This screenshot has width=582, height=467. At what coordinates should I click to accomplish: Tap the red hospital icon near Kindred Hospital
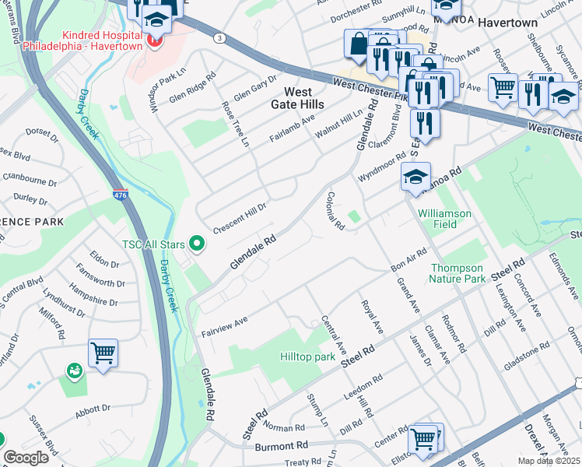point(153,40)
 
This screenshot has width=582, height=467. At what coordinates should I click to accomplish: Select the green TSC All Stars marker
point(197,244)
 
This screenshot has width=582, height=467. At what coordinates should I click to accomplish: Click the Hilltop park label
point(308,357)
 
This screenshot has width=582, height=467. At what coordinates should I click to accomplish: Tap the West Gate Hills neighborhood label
point(297,97)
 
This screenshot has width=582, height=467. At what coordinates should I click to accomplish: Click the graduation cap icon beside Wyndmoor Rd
point(416,177)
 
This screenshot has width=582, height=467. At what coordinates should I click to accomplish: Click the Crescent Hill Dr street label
point(240,212)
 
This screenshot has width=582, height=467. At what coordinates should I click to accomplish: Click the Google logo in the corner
point(26,458)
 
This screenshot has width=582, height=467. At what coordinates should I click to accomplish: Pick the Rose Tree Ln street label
point(236,124)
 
